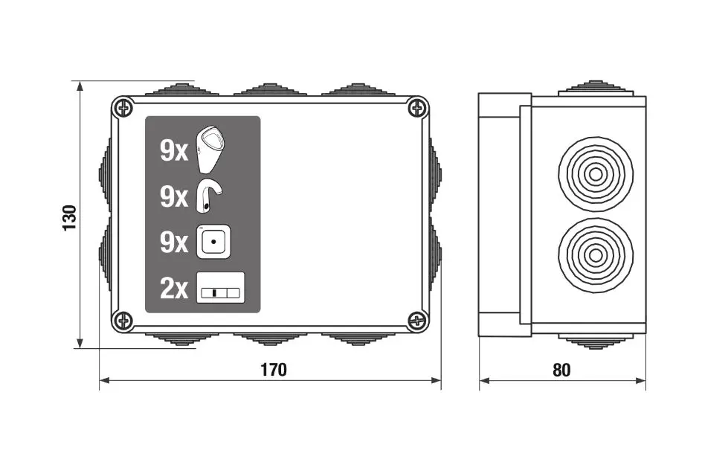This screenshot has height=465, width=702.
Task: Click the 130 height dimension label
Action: (70, 218)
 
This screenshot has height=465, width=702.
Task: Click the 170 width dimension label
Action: (274, 370)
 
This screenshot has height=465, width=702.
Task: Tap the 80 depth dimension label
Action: (561, 370)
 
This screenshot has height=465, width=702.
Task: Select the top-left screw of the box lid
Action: (123, 108)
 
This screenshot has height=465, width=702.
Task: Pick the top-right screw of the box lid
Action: (417, 108)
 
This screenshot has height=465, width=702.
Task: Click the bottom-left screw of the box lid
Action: (123, 320)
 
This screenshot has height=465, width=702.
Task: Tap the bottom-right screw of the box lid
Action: (417, 320)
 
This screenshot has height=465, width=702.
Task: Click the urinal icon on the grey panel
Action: (211, 150)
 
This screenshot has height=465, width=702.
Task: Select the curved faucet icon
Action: (210, 196)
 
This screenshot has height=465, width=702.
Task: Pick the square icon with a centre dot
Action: (214, 242)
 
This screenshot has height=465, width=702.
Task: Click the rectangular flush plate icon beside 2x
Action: (221, 288)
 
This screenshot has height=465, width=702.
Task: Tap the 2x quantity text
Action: (174, 288)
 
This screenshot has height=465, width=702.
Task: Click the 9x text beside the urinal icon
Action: (174, 151)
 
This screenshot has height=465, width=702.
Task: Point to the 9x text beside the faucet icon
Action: (174, 197)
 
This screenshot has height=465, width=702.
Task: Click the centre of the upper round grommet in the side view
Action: (596, 174)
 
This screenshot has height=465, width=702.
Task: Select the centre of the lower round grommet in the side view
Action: (596, 255)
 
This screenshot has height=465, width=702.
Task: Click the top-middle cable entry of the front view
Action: (270, 89)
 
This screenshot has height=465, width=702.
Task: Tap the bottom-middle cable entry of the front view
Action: (270, 339)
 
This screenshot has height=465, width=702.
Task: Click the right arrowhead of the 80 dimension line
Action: (641, 381)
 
